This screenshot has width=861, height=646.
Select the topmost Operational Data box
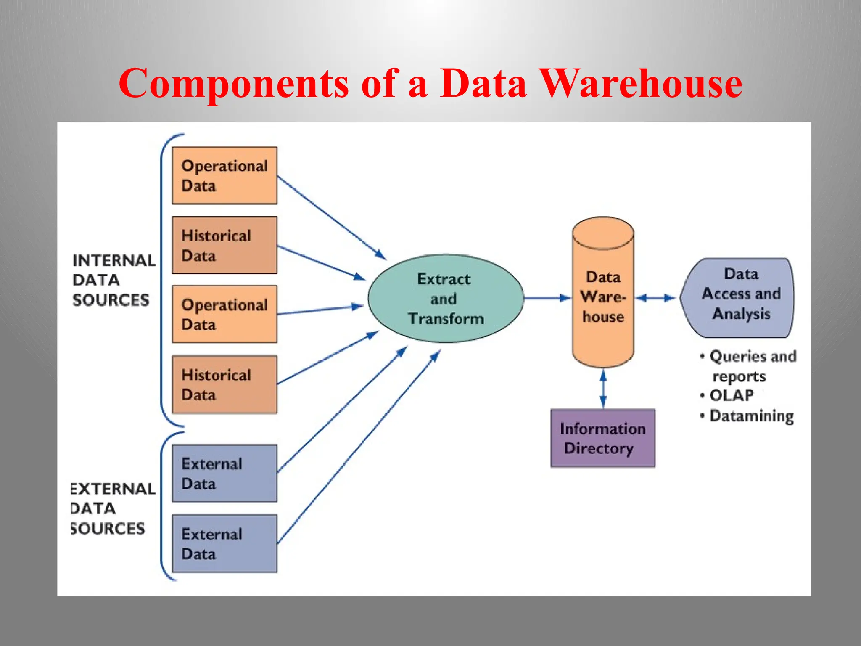(x=224, y=175)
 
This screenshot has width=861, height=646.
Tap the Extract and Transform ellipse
(x=446, y=299)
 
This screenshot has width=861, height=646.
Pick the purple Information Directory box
(x=602, y=438)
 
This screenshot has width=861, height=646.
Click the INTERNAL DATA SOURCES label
(x=113, y=280)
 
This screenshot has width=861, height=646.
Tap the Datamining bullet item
(x=751, y=416)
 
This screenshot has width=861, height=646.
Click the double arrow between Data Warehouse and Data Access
(x=655, y=298)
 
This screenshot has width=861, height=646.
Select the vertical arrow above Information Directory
(x=603, y=389)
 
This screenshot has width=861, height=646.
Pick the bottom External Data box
(x=224, y=543)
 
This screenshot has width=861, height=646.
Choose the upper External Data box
(x=224, y=473)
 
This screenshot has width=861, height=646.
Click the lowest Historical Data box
(x=224, y=384)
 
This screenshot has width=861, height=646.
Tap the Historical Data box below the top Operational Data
(x=224, y=245)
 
